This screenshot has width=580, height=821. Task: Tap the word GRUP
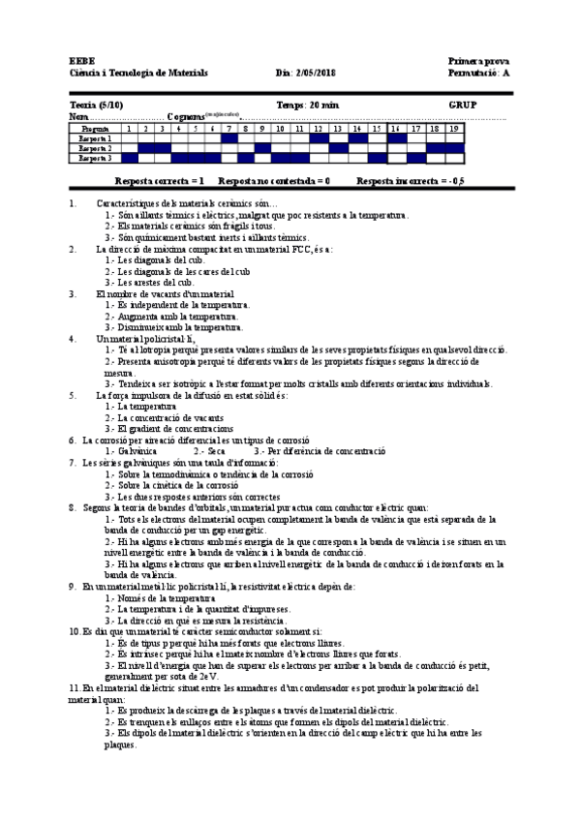coord(463,104)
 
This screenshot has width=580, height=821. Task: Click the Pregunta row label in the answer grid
coord(95,128)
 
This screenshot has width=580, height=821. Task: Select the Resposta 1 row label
coord(95,138)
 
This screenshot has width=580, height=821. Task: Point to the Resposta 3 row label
coord(95,158)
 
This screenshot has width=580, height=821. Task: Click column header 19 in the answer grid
coord(454,128)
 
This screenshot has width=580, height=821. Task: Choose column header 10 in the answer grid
coord(280,128)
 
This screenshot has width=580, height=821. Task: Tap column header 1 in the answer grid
coord(129,128)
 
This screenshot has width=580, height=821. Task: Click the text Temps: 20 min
coord(303,104)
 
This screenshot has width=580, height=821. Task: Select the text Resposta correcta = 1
coord(159,181)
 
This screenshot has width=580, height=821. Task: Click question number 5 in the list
coord(73,395)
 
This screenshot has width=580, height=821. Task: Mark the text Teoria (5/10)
coord(98,104)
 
